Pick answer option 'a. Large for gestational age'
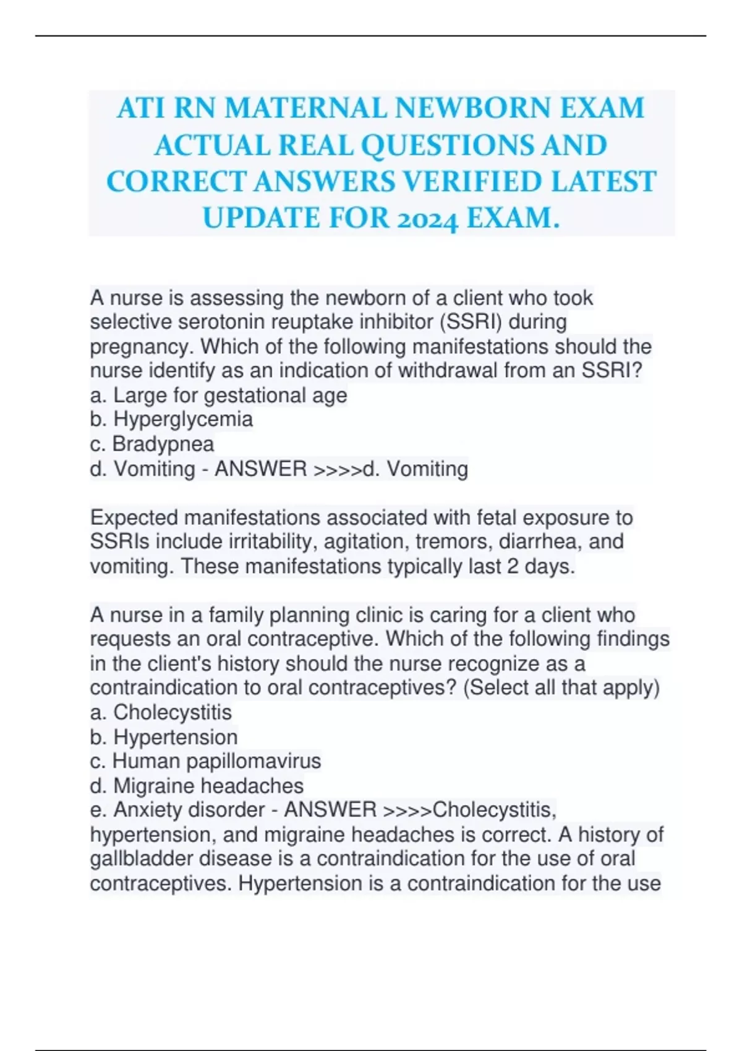[218, 395]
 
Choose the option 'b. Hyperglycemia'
[171, 419]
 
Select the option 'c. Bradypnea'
[152, 444]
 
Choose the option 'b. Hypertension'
[164, 737]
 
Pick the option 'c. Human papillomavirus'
[205, 761]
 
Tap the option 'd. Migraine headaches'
[197, 786]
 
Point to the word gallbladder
[142, 859]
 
